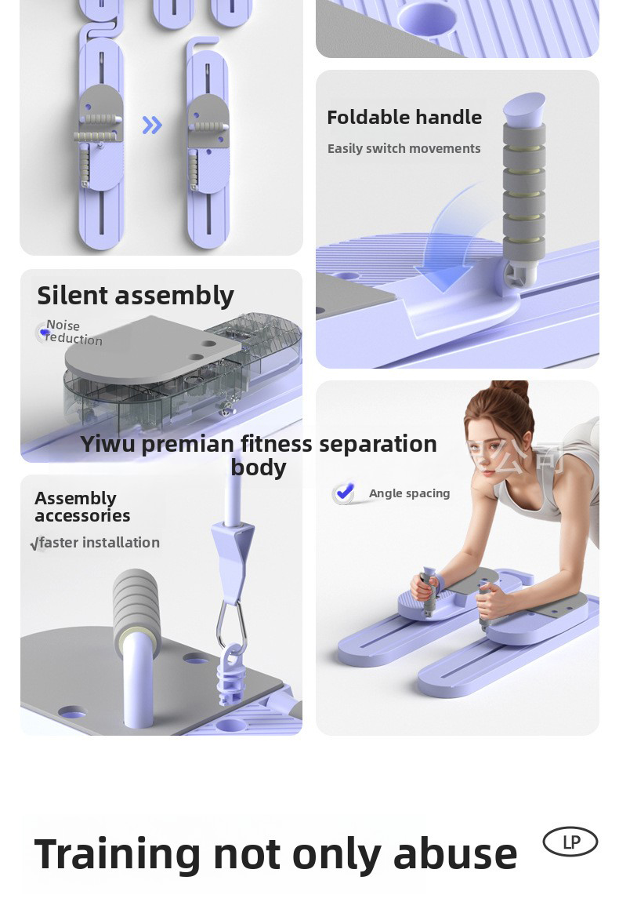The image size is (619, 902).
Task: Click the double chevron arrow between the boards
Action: point(152,125)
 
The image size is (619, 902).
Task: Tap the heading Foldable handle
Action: point(404,118)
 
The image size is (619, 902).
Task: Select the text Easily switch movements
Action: point(404,149)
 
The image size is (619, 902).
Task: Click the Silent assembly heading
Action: point(136,296)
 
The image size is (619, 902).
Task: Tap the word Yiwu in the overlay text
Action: point(108,444)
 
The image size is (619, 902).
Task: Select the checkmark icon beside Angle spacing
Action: point(344,493)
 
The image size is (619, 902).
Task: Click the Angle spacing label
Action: point(409,493)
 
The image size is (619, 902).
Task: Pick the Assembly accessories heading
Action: point(81,507)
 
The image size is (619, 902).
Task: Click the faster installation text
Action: point(99,543)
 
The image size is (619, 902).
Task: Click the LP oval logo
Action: point(570,842)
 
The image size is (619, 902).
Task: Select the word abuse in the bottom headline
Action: point(454,854)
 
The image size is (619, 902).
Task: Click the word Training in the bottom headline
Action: point(118,856)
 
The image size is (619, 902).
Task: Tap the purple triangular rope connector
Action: point(233,549)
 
